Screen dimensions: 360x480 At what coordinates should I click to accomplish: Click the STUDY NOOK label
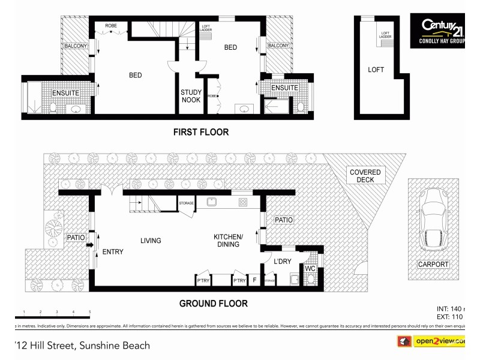[x=191, y=96]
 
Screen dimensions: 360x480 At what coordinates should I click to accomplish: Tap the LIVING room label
[x=151, y=241]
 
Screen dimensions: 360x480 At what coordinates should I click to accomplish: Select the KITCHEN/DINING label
[x=228, y=241]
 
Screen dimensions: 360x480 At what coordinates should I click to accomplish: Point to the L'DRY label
[x=282, y=262]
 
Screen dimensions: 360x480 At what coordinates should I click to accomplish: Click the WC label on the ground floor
[x=310, y=268]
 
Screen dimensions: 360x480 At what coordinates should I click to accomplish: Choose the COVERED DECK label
[x=365, y=176]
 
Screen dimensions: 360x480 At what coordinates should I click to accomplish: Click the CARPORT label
[x=433, y=264]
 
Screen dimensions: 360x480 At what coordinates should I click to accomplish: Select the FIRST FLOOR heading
[x=201, y=132]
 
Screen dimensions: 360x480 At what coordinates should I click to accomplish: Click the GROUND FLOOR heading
[x=213, y=304]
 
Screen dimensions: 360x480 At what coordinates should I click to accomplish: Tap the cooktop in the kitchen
[x=242, y=202]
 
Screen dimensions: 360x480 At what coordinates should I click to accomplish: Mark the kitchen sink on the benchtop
[x=212, y=202]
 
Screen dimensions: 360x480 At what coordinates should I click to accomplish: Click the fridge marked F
[x=254, y=280]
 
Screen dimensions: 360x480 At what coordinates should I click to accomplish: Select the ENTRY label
[x=112, y=252]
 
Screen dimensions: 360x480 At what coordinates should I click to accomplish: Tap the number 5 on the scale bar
[x=89, y=312]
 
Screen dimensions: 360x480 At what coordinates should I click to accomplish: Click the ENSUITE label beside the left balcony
[x=65, y=93]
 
